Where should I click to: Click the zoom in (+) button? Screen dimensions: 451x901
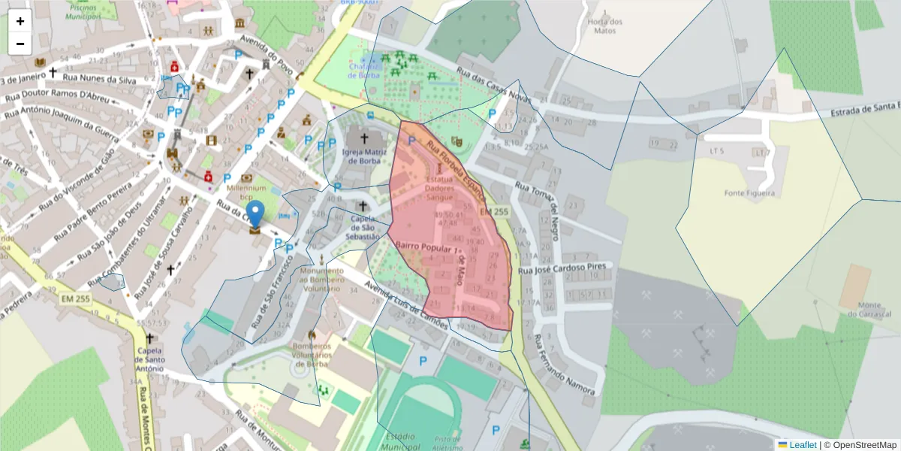[x=20, y=21]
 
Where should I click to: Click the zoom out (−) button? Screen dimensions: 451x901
[x=20, y=44]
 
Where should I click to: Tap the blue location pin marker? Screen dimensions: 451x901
[x=256, y=214]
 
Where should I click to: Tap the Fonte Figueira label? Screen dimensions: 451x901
[x=749, y=193]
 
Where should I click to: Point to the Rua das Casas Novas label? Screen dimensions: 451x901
[x=493, y=88]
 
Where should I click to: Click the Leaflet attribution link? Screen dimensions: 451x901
[x=803, y=445]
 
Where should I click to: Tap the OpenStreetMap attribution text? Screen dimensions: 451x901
[x=863, y=445]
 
